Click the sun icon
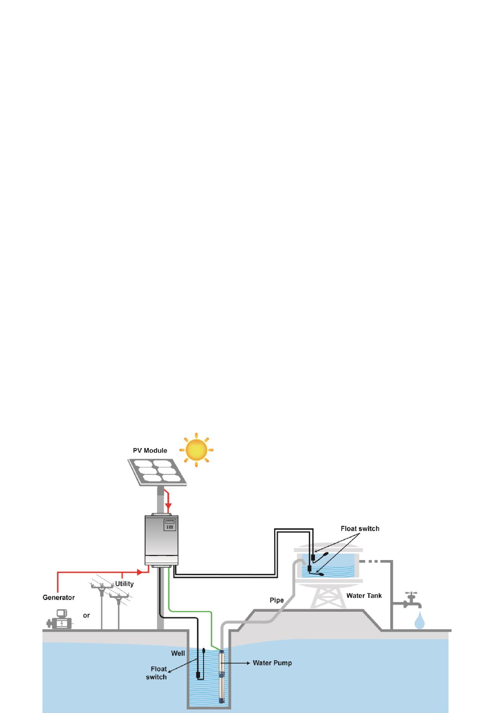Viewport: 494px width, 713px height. pos(196,450)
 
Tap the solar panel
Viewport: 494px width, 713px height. pos(158,472)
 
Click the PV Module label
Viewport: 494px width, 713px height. pos(150,451)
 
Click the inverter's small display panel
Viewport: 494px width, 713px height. pos(170,524)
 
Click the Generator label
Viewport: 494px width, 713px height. pos(58,597)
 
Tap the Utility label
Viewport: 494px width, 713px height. pos(124,584)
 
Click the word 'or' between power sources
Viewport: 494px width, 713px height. pos(86,615)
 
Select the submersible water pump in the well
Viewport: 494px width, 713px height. pos(221,676)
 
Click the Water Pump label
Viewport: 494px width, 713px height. pos(272,663)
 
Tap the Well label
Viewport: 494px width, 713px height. pos(178,653)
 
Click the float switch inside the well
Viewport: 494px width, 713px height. pos(198,674)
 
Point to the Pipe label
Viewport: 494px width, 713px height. pos(277,600)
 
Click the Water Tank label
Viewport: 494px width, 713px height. pos(364,595)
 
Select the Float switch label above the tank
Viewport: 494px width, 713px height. pos(360,528)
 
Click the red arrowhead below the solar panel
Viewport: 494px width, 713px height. pos(168,506)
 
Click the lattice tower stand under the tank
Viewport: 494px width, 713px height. pos(328,597)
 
